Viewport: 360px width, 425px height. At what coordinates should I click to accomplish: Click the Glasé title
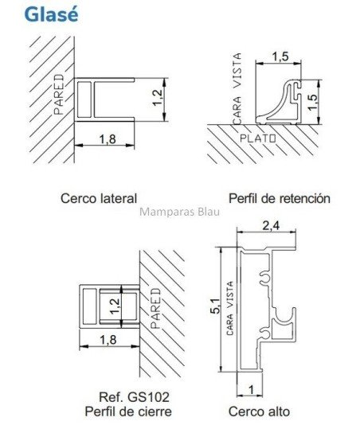click(51, 14)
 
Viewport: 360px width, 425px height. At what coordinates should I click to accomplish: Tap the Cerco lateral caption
click(99, 198)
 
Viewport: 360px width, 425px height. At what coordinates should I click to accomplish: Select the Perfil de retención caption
click(280, 198)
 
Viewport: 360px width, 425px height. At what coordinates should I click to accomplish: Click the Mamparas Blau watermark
click(179, 212)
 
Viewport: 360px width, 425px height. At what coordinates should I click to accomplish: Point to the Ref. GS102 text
click(135, 397)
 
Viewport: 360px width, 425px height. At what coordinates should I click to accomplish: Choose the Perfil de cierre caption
click(128, 411)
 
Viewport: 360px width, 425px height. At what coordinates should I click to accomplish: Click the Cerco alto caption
click(259, 411)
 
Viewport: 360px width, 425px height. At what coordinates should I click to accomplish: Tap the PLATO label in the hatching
click(258, 138)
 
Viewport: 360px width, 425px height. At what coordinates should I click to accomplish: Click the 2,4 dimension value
click(272, 225)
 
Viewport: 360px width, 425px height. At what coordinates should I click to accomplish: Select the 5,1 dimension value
click(215, 306)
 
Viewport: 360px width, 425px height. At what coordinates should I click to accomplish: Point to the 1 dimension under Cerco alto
click(252, 390)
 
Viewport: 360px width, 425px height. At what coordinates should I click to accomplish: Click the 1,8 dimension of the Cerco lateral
click(108, 139)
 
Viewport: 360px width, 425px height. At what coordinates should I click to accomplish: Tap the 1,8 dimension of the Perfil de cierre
click(108, 340)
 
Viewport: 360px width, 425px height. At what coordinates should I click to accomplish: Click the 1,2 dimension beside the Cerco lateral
click(158, 98)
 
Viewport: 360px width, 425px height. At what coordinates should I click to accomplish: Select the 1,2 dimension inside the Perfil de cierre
click(115, 306)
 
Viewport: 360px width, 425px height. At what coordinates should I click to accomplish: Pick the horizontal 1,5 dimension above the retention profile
click(280, 57)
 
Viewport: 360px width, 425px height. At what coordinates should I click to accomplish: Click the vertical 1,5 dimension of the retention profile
click(313, 102)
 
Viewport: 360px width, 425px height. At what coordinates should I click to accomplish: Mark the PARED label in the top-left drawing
click(59, 95)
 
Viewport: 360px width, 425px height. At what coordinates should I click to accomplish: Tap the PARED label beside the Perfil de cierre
click(156, 308)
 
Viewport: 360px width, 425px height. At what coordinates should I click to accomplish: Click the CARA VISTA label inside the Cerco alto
click(230, 308)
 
